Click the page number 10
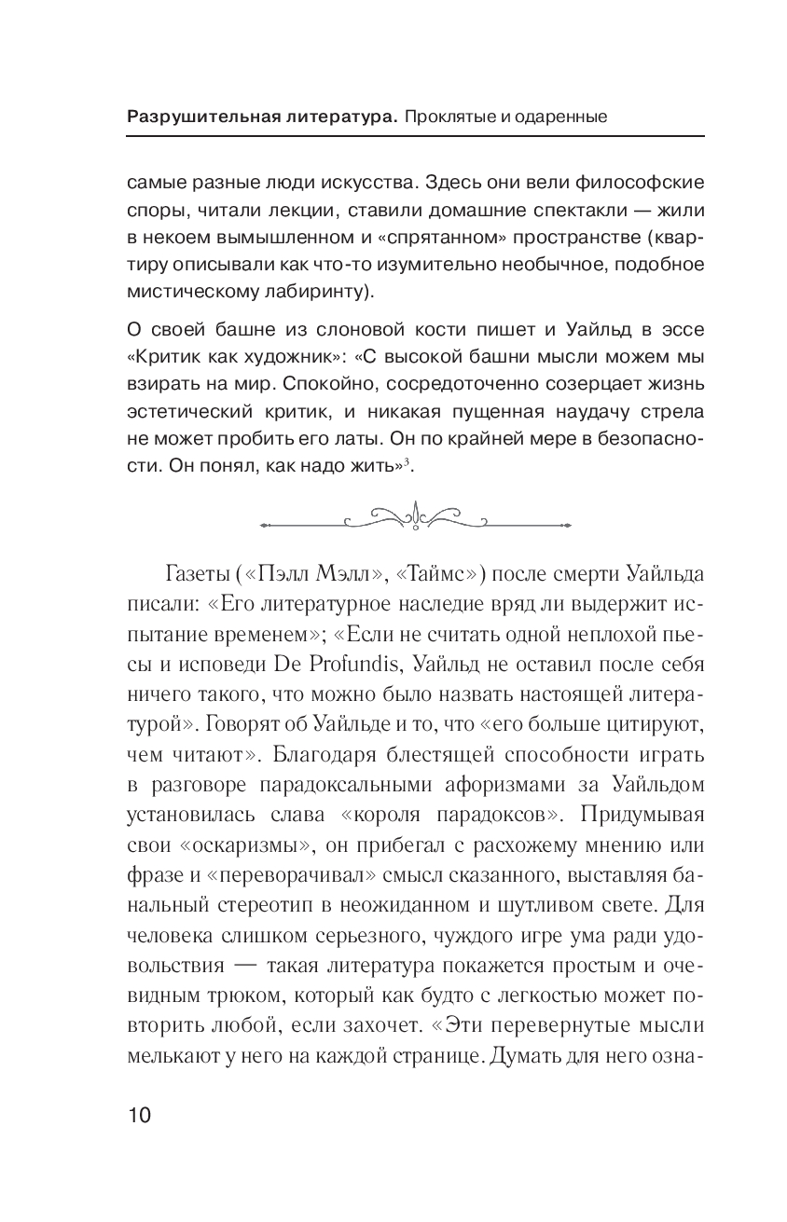pyautogui.click(x=138, y=1115)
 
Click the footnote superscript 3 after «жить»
pyautogui.click(x=407, y=462)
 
